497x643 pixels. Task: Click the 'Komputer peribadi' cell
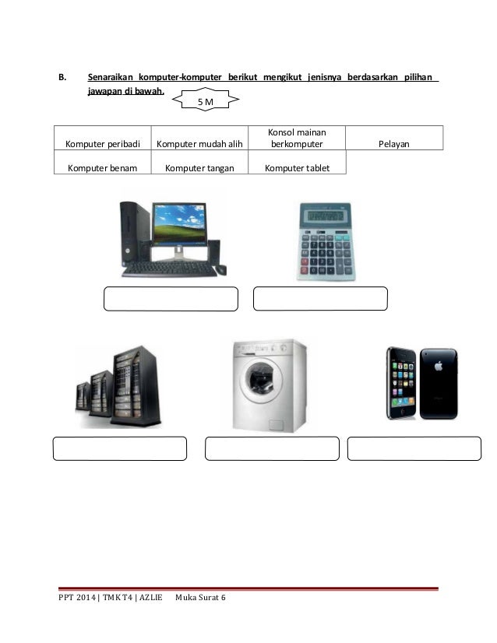pos(103,144)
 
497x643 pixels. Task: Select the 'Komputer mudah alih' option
pos(199,144)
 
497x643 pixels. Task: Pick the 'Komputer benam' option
pos(103,167)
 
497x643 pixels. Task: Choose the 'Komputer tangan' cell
pos(199,167)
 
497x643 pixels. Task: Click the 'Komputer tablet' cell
pos(296,167)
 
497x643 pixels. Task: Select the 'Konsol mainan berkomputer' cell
pos(296,138)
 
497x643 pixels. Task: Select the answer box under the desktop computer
pos(171,299)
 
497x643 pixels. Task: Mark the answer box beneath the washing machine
pos(272,448)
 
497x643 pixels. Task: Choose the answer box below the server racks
pos(120,448)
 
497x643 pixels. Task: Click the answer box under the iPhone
pos(414,448)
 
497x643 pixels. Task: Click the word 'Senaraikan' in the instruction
pos(110,79)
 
